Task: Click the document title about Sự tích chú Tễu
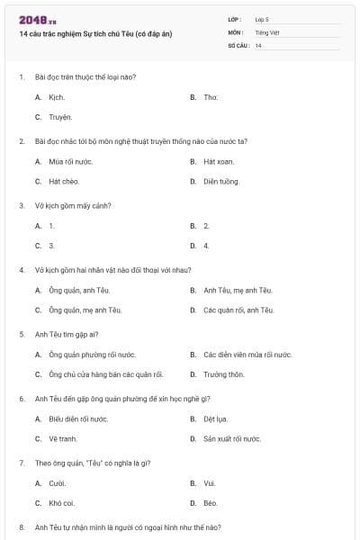click(x=94, y=33)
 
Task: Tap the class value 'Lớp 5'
click(x=262, y=19)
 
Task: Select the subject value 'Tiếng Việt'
click(x=267, y=32)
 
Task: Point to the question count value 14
click(x=258, y=45)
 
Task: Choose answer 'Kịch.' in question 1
click(x=56, y=96)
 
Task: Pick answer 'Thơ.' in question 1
click(x=211, y=96)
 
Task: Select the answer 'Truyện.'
click(x=60, y=117)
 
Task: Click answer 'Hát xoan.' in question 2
click(x=219, y=162)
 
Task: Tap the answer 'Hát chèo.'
click(x=64, y=182)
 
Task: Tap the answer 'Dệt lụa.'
click(x=216, y=418)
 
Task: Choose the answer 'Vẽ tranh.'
click(x=63, y=439)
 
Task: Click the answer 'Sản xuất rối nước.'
click(x=232, y=439)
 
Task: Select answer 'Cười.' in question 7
click(x=58, y=483)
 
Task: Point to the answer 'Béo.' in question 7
click(x=211, y=503)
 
